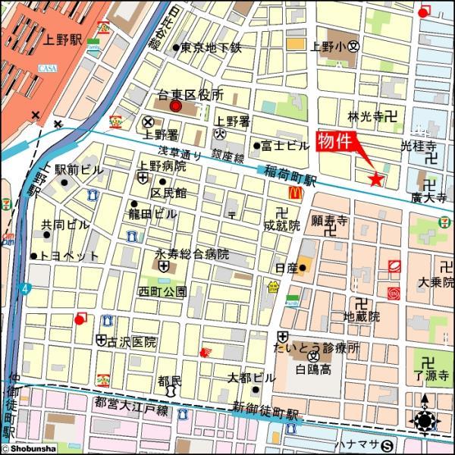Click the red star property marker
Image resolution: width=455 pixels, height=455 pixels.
(375, 179)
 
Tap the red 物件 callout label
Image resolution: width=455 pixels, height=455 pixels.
(334, 140)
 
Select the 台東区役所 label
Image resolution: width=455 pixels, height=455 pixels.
(190, 96)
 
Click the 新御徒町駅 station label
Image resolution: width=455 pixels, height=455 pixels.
(266, 412)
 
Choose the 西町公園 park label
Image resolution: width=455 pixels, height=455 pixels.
(162, 291)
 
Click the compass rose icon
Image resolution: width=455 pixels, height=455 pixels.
(423, 420)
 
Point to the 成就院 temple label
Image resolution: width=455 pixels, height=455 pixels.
(282, 225)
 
